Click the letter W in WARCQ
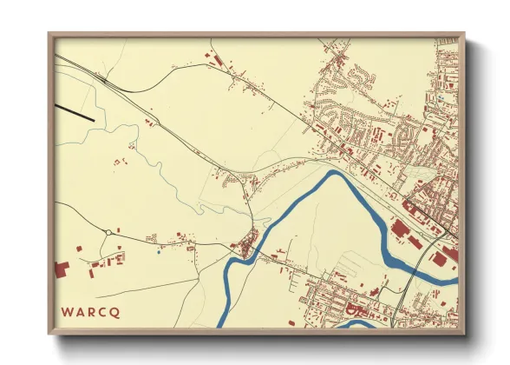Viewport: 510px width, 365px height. click(x=66, y=311)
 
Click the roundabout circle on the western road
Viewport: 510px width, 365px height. click(x=107, y=232)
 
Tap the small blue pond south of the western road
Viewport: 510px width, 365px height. click(x=159, y=253)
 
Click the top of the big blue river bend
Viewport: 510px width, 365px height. click(x=334, y=174)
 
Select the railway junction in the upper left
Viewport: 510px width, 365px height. click(x=104, y=79)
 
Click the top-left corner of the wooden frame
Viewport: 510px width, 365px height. click(x=49, y=35)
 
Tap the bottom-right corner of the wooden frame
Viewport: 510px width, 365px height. click(x=464, y=334)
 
